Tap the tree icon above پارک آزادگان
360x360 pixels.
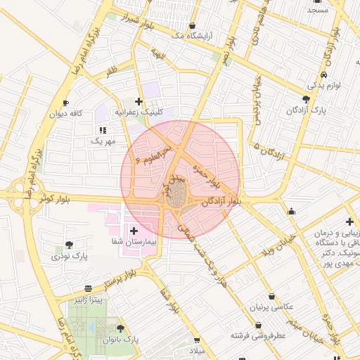[305, 99]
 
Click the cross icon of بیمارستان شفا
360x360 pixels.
[134, 230]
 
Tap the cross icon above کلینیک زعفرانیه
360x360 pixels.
[139, 101]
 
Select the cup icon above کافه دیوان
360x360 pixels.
[65, 103]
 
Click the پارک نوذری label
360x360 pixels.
[69, 257]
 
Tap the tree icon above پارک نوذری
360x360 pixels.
[69, 245]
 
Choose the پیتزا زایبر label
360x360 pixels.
[89, 300]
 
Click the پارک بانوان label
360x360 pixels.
[122, 340]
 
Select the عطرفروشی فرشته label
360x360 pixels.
[260, 336]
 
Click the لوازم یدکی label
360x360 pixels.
[323, 85]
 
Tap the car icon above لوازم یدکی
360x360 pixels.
[322, 75]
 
